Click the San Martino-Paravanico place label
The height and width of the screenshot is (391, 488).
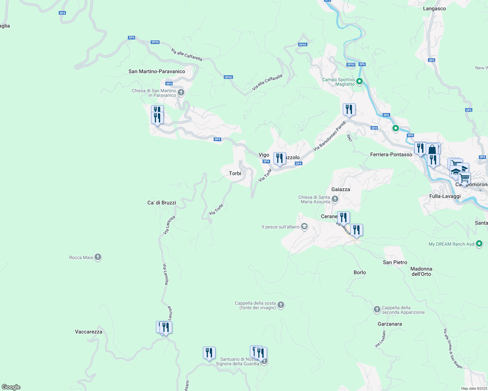(157, 71)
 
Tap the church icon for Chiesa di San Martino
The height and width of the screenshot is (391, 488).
(181, 93)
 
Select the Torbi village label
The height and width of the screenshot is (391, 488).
(235, 173)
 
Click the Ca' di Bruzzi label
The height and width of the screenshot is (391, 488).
(162, 203)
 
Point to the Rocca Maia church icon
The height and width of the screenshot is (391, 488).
(98, 257)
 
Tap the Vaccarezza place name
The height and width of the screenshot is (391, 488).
(89, 332)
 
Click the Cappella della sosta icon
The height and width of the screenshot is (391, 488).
(281, 305)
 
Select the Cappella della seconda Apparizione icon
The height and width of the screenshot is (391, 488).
(377, 310)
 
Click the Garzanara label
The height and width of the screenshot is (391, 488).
(390, 324)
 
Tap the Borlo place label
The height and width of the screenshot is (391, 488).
(360, 272)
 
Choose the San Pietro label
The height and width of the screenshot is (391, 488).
(395, 262)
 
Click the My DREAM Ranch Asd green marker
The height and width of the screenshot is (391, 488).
(479, 244)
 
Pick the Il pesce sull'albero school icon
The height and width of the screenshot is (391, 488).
(304, 227)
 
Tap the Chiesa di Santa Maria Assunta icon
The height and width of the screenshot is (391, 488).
(335, 199)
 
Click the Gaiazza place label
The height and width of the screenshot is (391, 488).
(341, 189)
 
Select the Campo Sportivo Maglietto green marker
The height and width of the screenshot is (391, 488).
(359, 81)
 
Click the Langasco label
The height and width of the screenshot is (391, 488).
(434, 9)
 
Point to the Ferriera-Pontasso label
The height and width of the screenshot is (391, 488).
(391, 154)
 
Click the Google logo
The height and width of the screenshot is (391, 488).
(11, 387)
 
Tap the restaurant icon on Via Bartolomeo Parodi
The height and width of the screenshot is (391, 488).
(349, 109)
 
